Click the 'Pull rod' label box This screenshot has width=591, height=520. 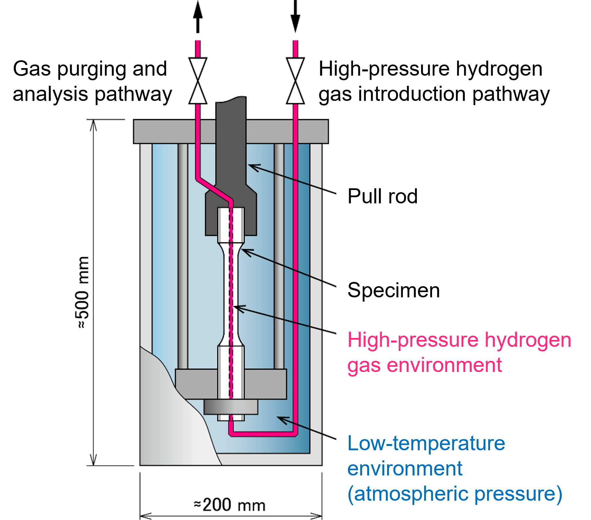pos(383,196)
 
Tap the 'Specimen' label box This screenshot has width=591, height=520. pos(394,290)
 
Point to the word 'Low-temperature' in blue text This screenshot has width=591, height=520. pos(426,443)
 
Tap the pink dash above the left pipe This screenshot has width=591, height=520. pos(198,48)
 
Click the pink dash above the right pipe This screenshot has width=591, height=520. pos(295,48)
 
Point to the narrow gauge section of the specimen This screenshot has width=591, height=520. pos(231,295)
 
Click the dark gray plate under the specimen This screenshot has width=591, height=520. pos(231,407)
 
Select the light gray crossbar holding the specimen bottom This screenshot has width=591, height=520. pos(197,384)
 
